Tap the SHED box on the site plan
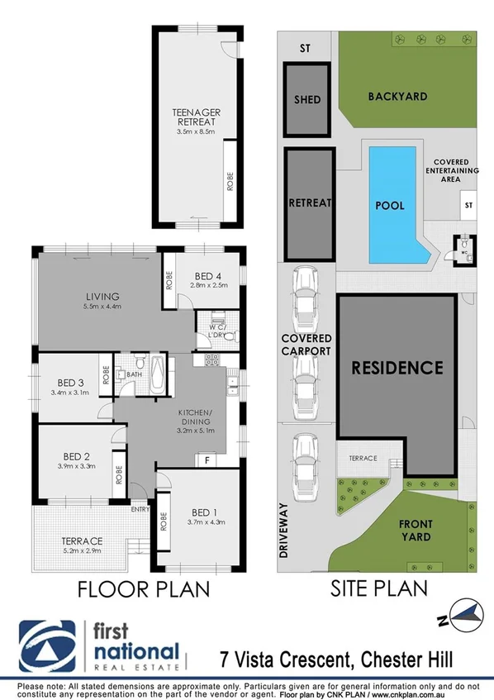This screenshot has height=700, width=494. (x=307, y=100)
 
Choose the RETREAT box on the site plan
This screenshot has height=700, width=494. (x=310, y=202)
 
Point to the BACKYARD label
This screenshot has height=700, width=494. (x=397, y=96)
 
